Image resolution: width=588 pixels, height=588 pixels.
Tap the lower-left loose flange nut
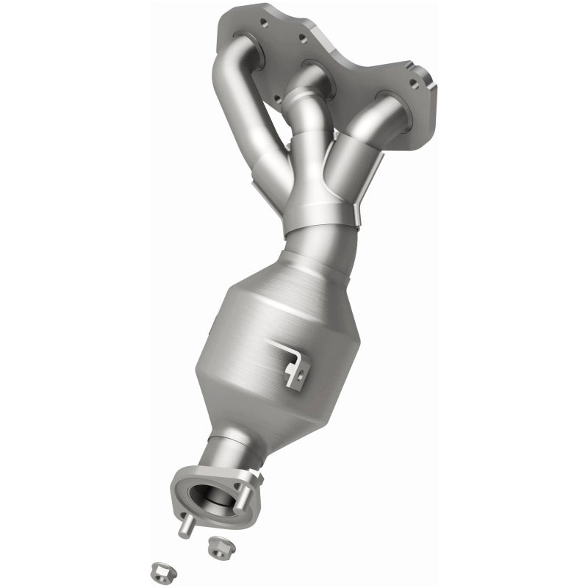(x=159, y=570)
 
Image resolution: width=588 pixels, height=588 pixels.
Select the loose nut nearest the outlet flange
(x=216, y=545)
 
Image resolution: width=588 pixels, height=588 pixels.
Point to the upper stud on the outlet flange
(x=258, y=478)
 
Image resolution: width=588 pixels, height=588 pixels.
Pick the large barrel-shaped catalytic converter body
(x=257, y=345)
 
